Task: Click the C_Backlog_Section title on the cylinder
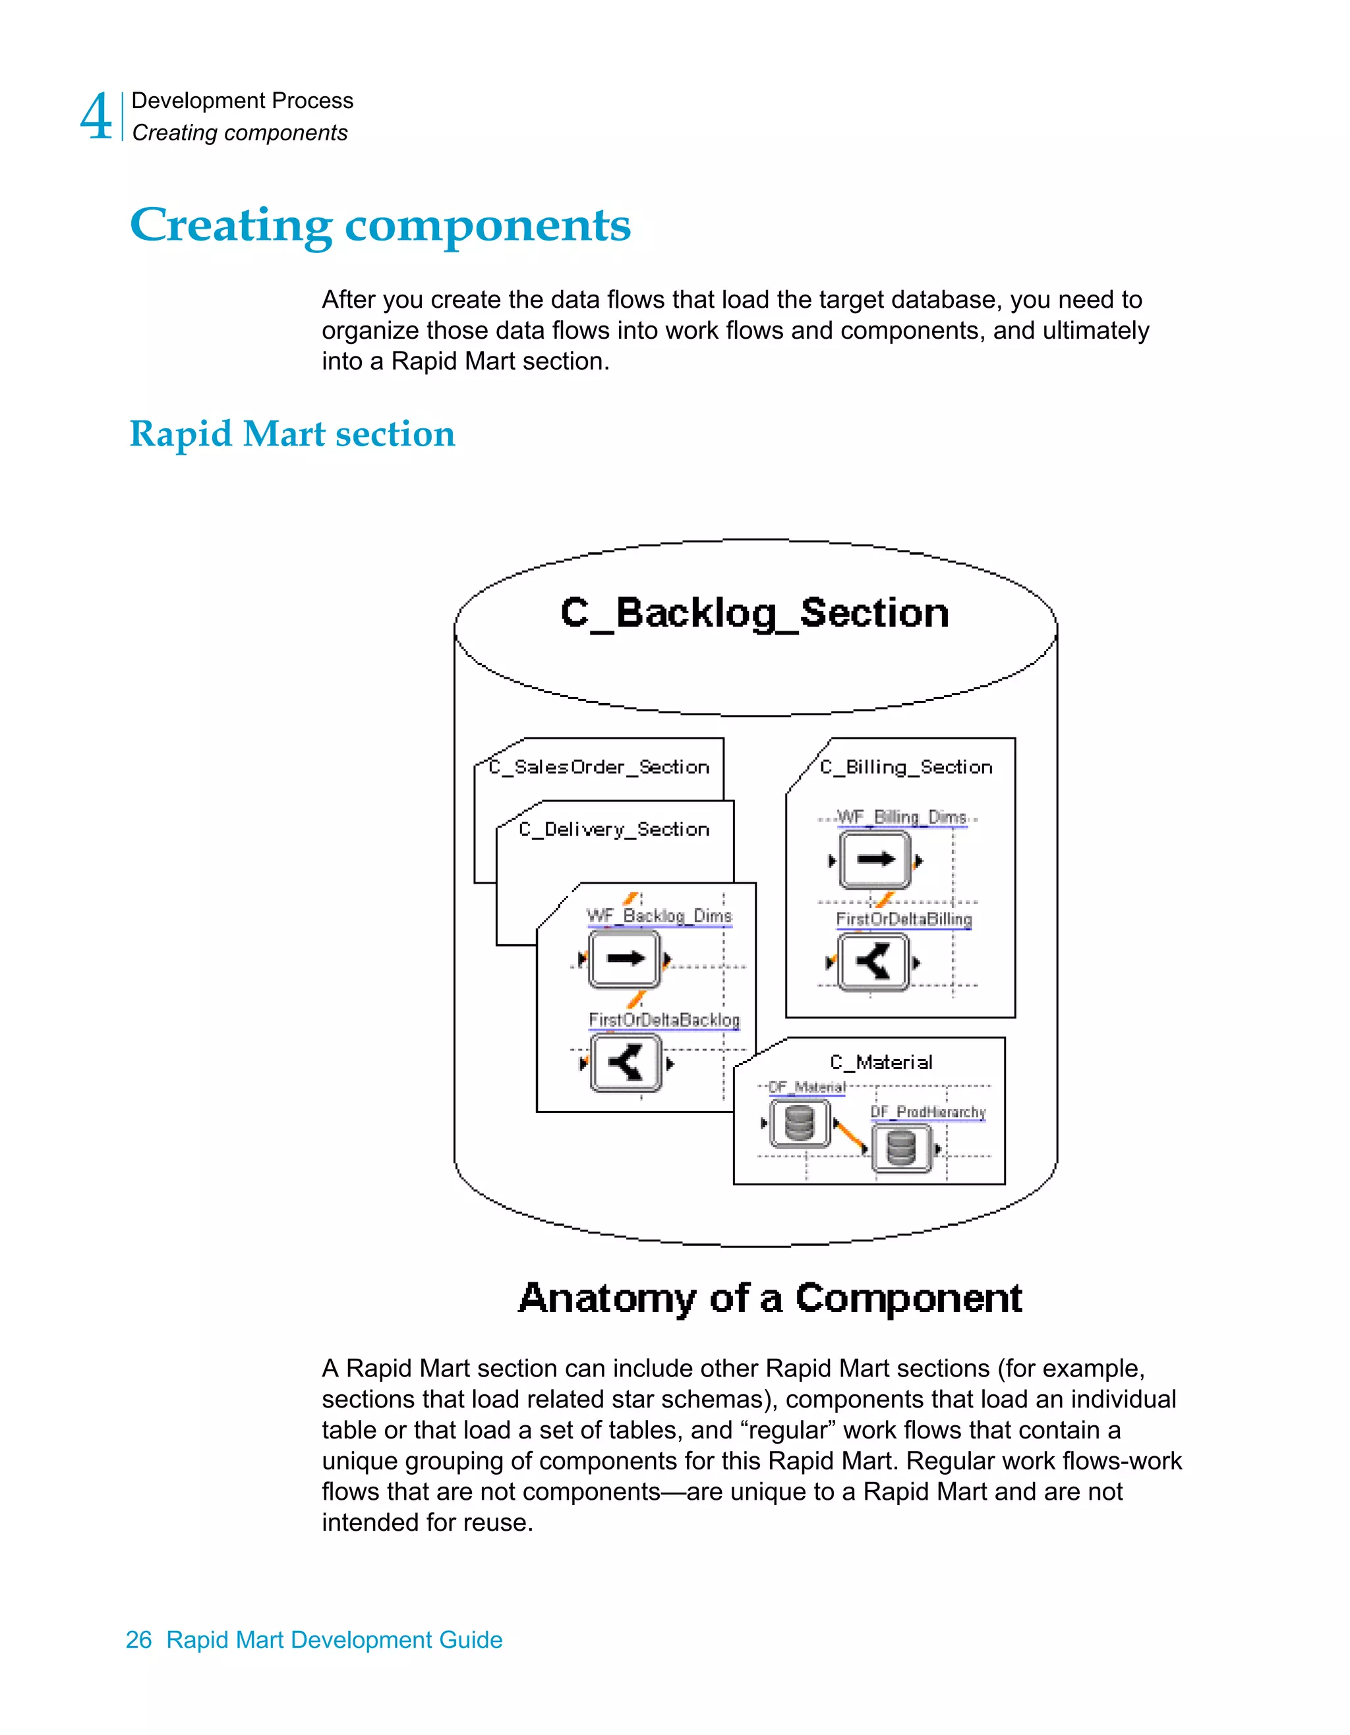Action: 754,613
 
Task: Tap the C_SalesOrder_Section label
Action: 599,766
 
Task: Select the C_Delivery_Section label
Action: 614,830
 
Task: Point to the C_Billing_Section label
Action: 906,766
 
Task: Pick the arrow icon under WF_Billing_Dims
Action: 875,859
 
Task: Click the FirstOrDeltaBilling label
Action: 904,919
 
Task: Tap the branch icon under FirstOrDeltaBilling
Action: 873,962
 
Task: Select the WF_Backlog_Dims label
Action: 659,915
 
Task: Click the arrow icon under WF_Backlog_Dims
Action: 624,959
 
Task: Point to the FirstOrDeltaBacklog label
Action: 664,1019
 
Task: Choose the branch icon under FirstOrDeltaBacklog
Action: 626,1063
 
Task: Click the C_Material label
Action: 881,1062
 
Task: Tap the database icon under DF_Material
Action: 800,1123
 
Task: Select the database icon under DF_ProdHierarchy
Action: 901,1148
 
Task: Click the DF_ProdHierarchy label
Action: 927,1112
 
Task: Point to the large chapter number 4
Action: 97,117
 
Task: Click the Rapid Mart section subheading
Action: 291,434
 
